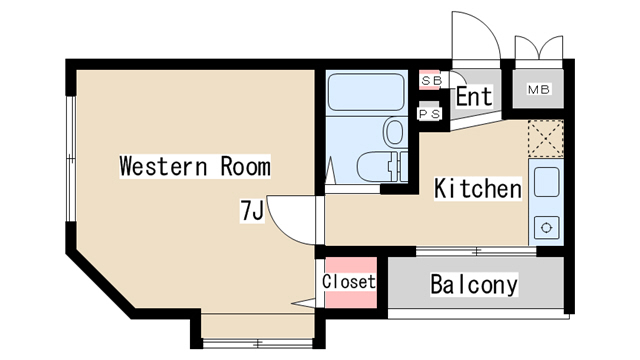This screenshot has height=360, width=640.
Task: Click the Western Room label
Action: (x=195, y=166)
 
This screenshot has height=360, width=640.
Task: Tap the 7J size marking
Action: (x=252, y=211)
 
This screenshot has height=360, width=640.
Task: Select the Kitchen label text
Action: (x=478, y=188)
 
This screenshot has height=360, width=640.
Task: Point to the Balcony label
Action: (x=474, y=284)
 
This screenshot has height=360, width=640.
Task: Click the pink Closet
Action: (x=351, y=282)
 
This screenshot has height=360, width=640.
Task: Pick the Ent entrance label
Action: (x=473, y=96)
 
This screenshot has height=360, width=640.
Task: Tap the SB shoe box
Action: (x=431, y=80)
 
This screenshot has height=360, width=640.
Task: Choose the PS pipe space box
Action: (x=430, y=113)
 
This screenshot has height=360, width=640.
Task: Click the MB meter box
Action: (x=538, y=89)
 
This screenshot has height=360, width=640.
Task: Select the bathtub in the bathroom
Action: (x=366, y=92)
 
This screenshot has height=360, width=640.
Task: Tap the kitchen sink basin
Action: (x=547, y=182)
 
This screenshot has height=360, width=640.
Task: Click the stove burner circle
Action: (x=547, y=227)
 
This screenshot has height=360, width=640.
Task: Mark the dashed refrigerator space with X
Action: (x=546, y=138)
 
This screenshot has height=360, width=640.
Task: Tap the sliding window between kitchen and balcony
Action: (x=476, y=251)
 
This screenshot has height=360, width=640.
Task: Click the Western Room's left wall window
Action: (x=71, y=159)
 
